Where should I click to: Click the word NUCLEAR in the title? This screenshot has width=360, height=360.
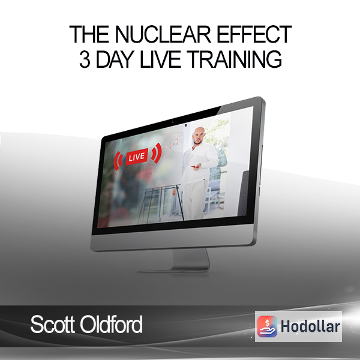[x=163, y=34]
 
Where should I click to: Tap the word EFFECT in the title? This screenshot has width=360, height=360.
[x=254, y=34]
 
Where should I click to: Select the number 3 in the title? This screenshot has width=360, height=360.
[x=85, y=59]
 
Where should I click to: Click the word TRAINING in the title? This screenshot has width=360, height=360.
[x=235, y=59]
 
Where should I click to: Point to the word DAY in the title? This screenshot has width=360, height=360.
[x=115, y=59]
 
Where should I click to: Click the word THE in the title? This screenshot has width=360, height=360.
[x=89, y=34]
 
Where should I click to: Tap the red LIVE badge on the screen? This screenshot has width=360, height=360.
[x=137, y=157]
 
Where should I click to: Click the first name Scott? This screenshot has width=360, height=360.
[x=53, y=324]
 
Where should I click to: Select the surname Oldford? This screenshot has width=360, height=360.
[x=111, y=324]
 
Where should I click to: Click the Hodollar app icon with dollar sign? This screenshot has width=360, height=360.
[x=267, y=326]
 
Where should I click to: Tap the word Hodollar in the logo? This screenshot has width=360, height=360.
[x=310, y=326]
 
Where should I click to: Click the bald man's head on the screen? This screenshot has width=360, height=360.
[x=198, y=136]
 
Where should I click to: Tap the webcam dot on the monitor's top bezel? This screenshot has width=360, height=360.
[x=173, y=122]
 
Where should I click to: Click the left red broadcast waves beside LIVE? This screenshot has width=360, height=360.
[x=118, y=160]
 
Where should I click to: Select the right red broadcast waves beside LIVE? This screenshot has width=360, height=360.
[x=157, y=153]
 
